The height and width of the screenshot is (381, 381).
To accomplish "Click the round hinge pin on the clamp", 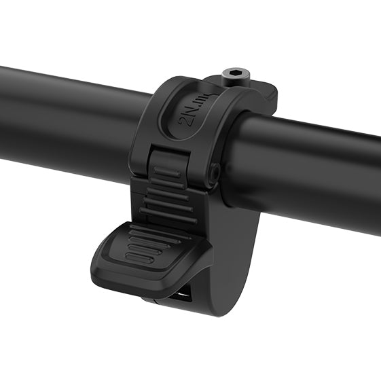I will tap(213, 174).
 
